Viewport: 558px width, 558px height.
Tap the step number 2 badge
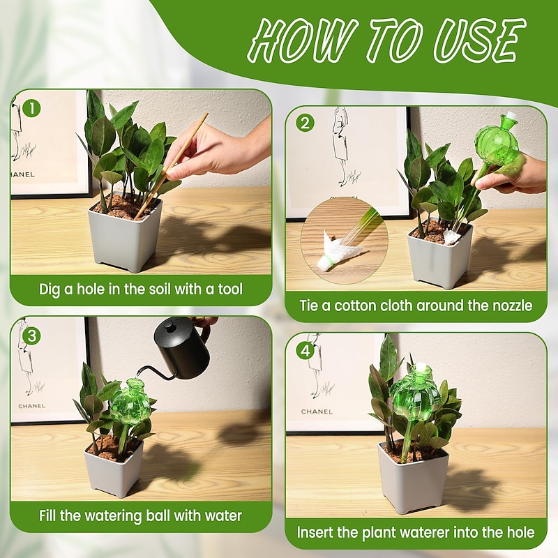pyautogui.click(x=305, y=123)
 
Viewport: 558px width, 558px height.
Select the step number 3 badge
pyautogui.click(x=29, y=335)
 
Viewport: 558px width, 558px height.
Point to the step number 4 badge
pyautogui.click(x=304, y=350)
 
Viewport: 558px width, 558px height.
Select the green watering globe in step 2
pyautogui.click(x=496, y=144)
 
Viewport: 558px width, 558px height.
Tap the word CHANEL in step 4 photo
pyautogui.click(x=317, y=412)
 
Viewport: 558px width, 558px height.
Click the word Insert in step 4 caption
pyautogui.click(x=318, y=532)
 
